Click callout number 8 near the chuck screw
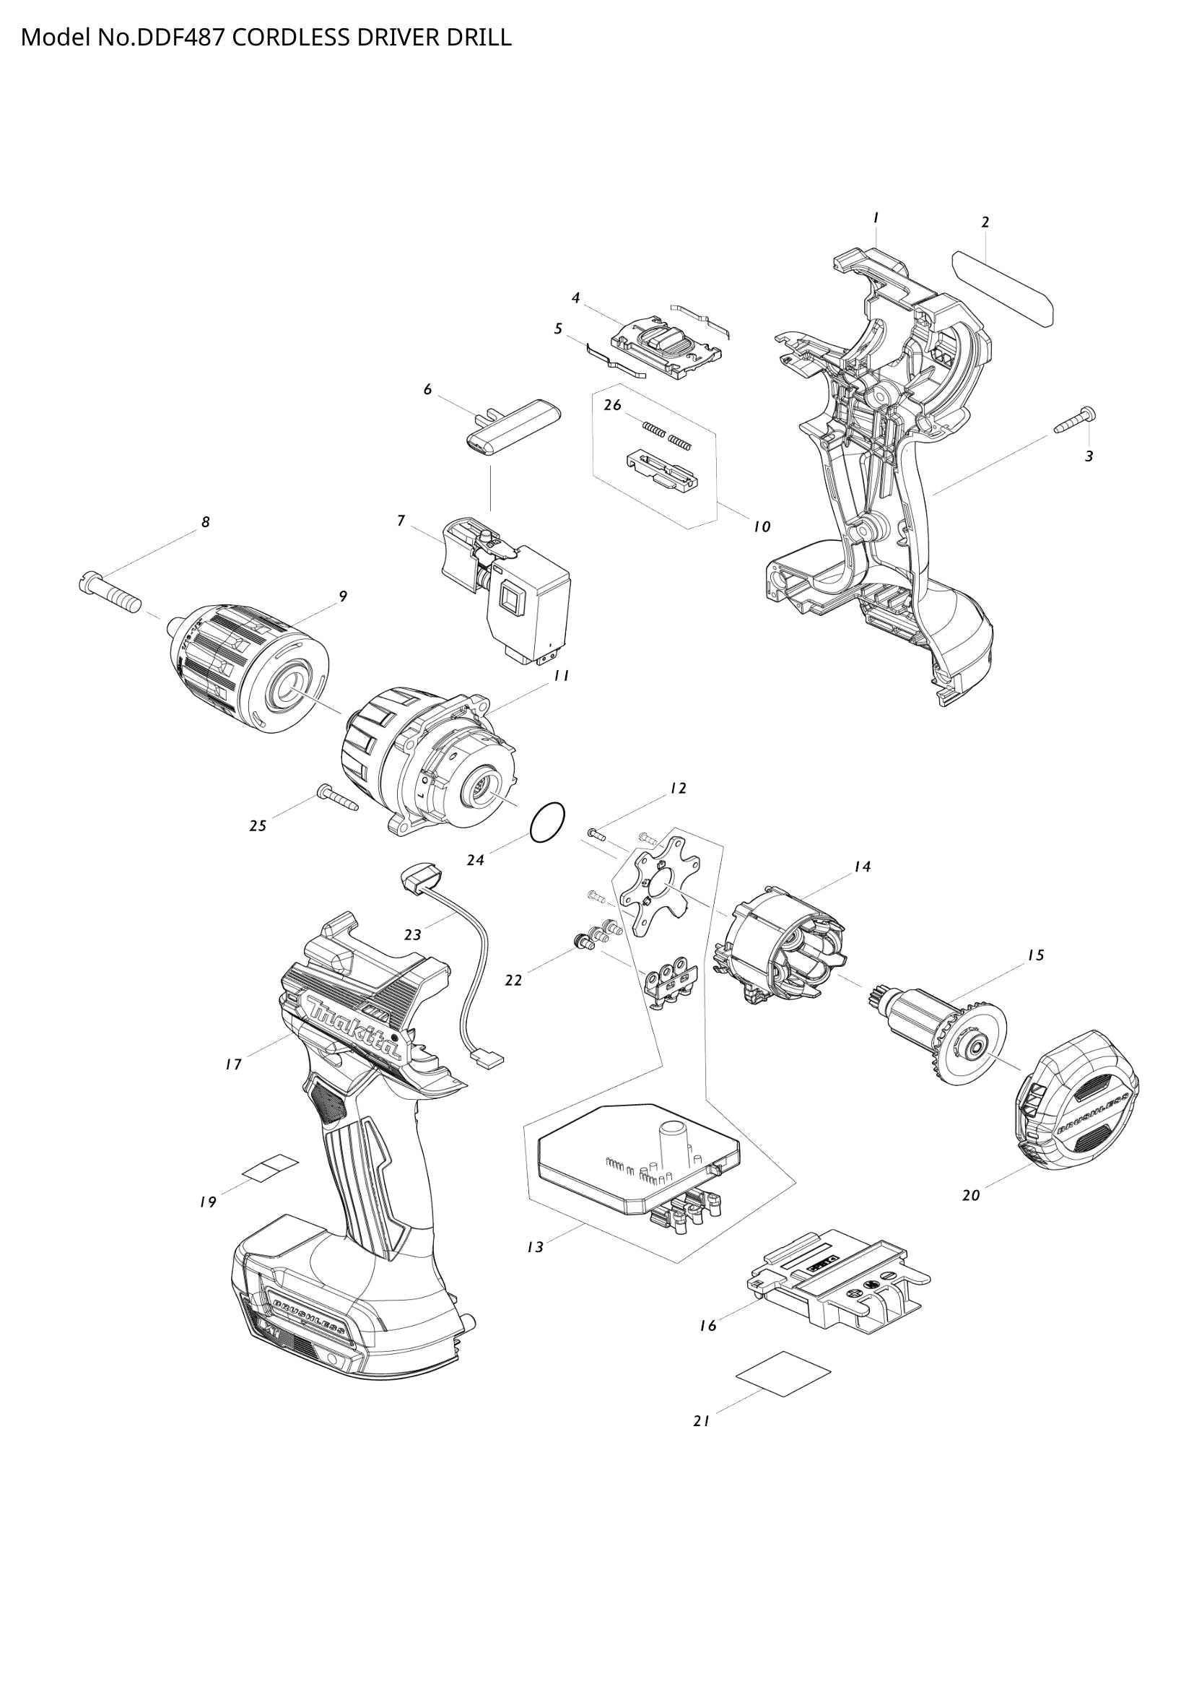pyautogui.click(x=206, y=522)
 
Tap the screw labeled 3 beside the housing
pyautogui.click(x=1075, y=421)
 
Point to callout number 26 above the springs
pyautogui.click(x=612, y=405)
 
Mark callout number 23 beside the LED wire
pyautogui.click(x=412, y=935)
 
